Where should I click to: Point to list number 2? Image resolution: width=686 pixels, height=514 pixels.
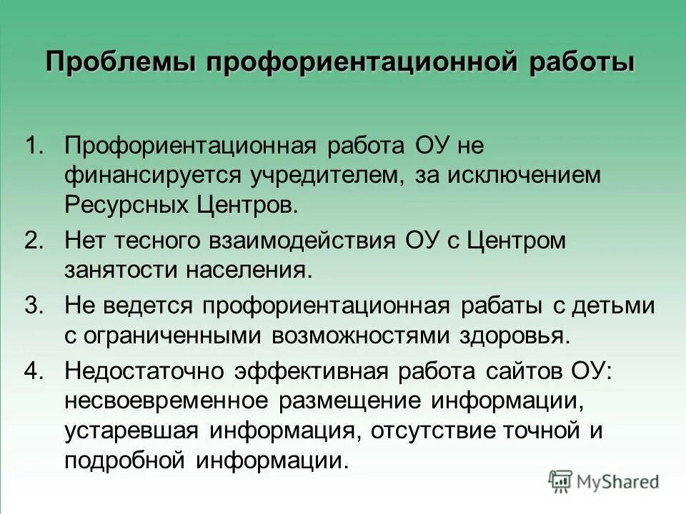(x=35, y=241)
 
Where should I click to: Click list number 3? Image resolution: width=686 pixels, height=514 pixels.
(x=35, y=306)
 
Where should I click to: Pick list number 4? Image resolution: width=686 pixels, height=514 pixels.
(x=35, y=371)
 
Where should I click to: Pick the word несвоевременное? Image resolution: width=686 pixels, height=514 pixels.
(x=169, y=401)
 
